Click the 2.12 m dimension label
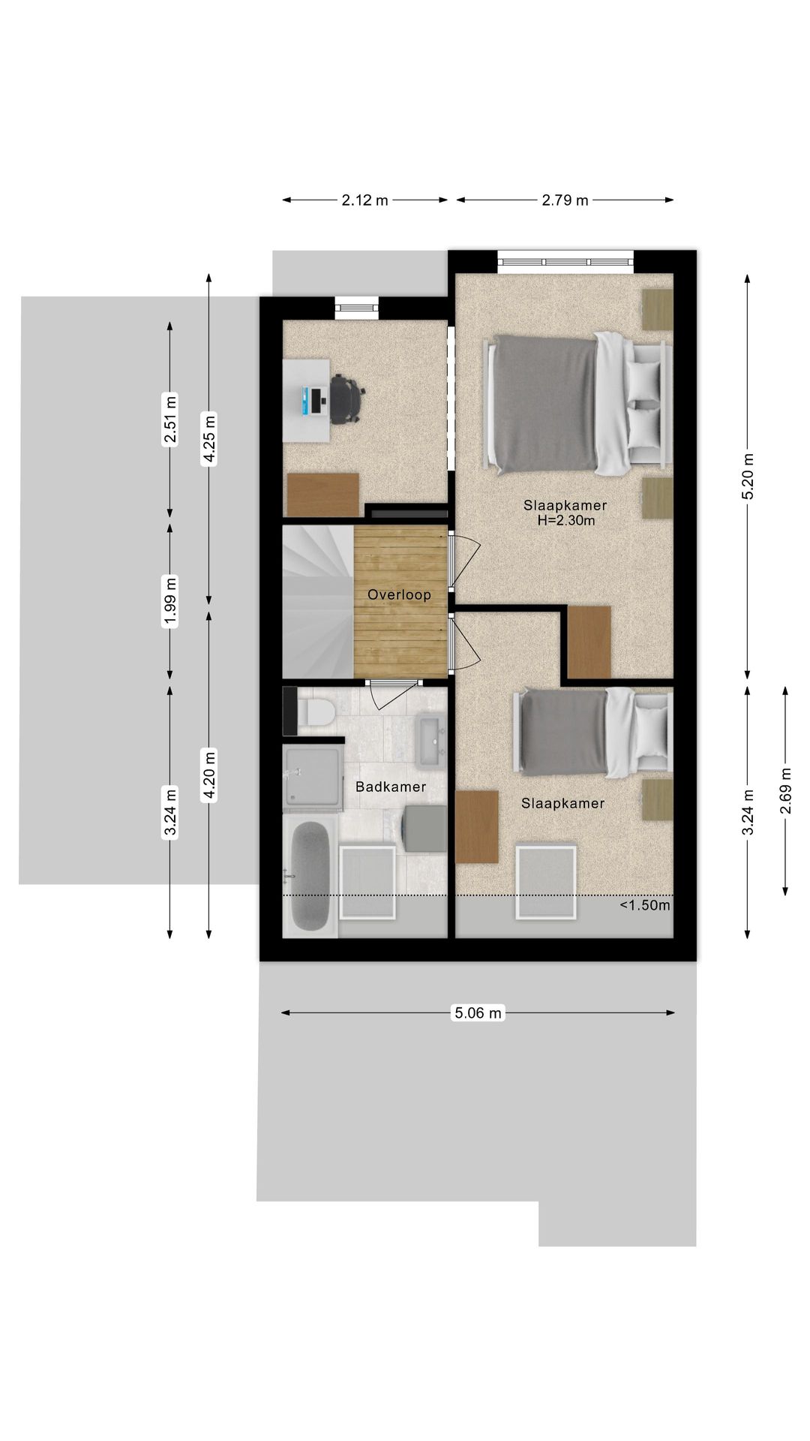pos(365,200)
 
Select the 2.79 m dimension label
pos(565,200)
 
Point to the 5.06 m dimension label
pos(478,1013)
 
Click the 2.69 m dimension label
pos(785,790)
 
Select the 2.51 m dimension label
pos(171,421)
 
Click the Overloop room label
pos(399,595)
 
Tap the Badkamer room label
pos(391,787)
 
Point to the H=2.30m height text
pos(566,520)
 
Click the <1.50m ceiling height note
pos(645,905)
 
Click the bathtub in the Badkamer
pos(310,877)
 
